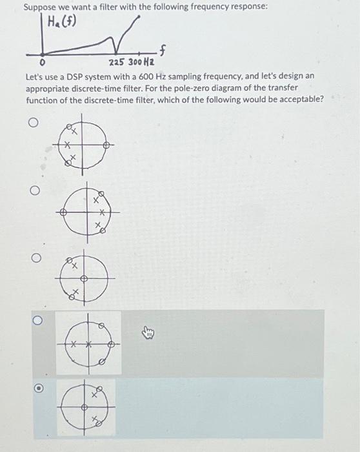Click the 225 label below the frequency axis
117,63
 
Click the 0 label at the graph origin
42,63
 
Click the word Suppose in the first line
41,7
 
